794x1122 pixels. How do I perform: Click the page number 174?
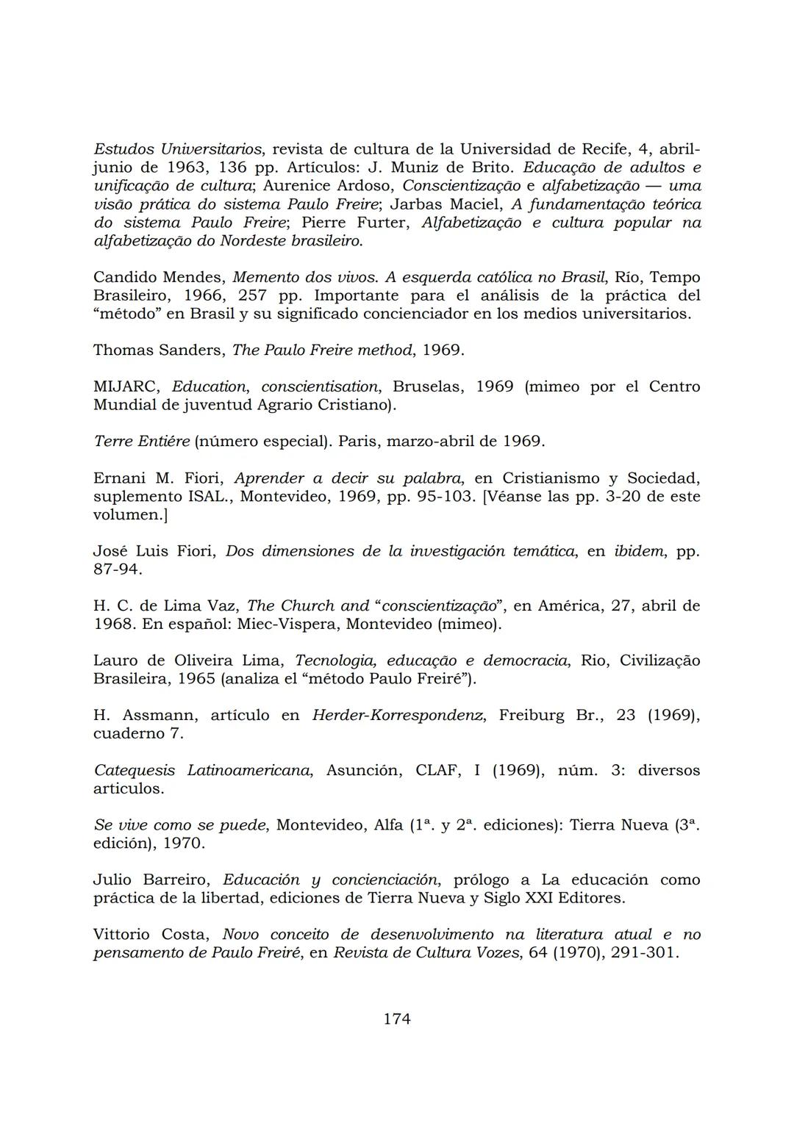(x=397, y=1018)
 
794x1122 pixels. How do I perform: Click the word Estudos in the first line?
(x=123, y=149)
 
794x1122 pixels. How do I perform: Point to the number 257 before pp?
(x=254, y=296)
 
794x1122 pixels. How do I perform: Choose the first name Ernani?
(x=119, y=478)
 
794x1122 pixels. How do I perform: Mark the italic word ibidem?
(x=638, y=551)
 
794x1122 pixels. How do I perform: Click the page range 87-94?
(x=118, y=569)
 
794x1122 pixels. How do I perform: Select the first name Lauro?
(x=112, y=661)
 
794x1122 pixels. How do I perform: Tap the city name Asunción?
(x=363, y=771)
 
